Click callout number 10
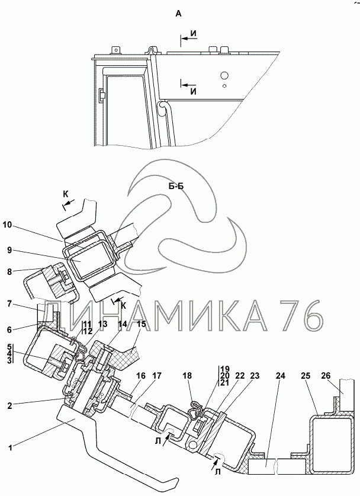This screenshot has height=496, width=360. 7,225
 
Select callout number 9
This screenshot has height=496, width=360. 9,250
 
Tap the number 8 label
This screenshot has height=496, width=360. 9,271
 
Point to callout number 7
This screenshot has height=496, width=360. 9,304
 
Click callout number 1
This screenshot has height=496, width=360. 11,447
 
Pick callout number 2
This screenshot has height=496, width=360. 10,405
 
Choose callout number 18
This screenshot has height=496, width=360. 188,376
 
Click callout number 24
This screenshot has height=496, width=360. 280,376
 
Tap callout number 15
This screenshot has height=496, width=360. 141,324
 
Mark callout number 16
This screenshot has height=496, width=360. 141,376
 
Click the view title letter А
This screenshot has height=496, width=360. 179,14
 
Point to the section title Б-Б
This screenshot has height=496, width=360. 176,186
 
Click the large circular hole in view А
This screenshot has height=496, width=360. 224,75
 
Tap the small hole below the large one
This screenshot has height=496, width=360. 224,85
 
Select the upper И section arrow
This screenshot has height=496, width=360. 189,39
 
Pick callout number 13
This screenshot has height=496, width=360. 102,324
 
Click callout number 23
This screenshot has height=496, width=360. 255,376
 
